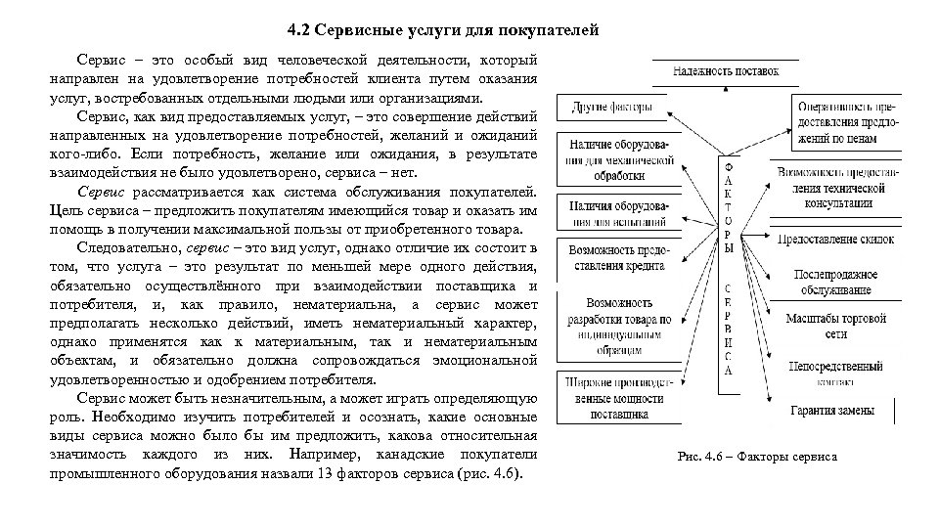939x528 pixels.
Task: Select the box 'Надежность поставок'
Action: click(x=726, y=71)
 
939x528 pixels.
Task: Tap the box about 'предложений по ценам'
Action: click(x=847, y=121)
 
